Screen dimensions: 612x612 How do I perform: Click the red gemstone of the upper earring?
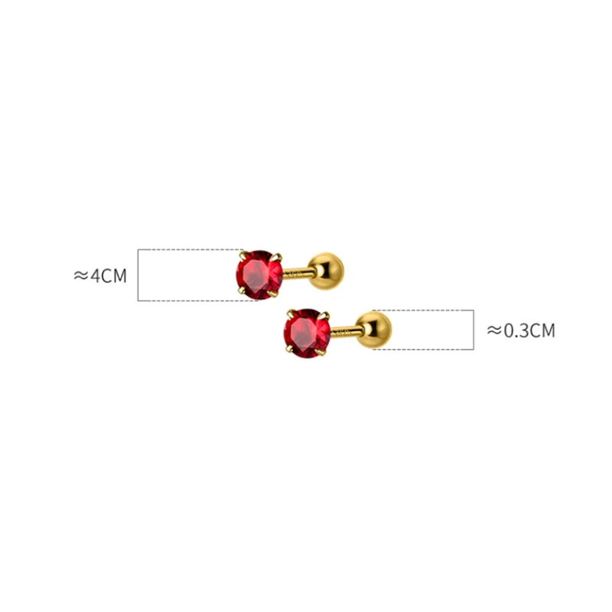point(259,273)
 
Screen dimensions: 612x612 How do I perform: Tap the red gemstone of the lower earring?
point(307,333)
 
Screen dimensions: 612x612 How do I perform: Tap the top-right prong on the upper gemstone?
point(278,256)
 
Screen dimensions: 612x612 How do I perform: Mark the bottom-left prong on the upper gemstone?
point(241,291)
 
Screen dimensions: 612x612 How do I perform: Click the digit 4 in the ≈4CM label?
point(96,275)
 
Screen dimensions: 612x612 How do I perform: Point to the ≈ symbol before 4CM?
point(81,275)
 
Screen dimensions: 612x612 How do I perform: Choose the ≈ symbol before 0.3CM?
point(494,330)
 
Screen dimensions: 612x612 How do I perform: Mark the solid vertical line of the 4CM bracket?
point(138,275)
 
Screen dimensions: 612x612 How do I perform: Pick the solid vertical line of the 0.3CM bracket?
point(474,330)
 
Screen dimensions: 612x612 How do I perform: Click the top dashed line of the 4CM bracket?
point(191,249)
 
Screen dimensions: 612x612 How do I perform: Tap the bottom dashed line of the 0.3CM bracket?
point(425,350)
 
